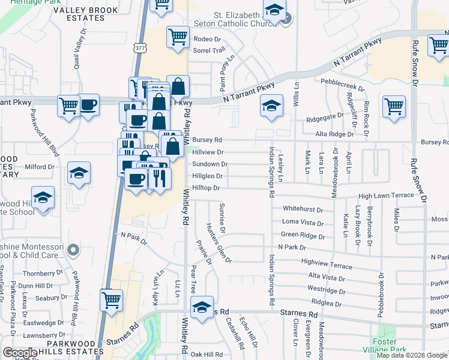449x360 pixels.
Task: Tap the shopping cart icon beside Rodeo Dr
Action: [x=178, y=37]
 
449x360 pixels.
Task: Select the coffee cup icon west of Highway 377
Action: [x=88, y=104]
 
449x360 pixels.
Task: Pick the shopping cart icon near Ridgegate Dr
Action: [x=394, y=107]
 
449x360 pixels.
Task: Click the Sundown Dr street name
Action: [x=209, y=164]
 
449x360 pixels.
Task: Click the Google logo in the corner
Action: [x=20, y=353]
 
